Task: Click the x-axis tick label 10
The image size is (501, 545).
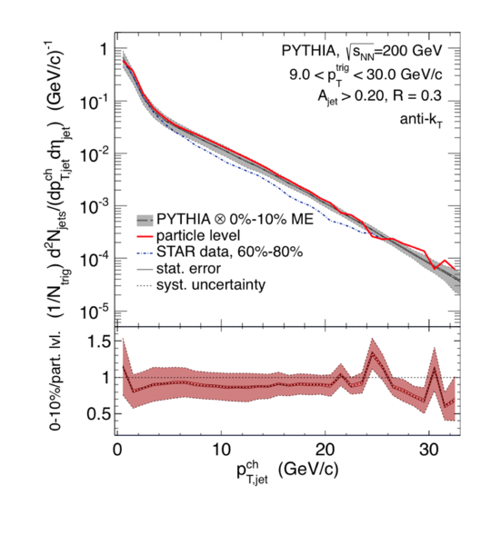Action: tap(221, 450)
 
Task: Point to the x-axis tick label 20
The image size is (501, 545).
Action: tap(325, 450)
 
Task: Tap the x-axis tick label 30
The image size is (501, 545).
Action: tap(428, 450)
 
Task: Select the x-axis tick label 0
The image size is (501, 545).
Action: tap(117, 450)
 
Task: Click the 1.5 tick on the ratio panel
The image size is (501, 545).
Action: tap(99, 342)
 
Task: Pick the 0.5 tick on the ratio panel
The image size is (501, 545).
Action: tap(99, 413)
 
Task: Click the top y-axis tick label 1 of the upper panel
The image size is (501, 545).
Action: tap(105, 49)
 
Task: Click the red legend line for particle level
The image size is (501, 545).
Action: tap(145, 236)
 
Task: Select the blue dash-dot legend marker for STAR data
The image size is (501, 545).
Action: tap(145, 253)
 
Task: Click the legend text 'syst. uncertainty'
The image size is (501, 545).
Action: tap(211, 285)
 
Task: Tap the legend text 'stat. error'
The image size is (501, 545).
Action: tap(188, 269)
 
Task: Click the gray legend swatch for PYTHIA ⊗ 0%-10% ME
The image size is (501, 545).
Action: tap(145, 220)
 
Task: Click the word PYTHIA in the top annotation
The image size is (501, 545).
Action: tap(308, 51)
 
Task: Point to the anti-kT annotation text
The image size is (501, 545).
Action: tap(421, 120)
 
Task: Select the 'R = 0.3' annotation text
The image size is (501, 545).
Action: tap(417, 95)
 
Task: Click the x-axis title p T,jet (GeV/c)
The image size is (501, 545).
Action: tap(287, 471)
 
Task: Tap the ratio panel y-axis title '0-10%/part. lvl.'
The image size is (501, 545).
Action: tap(55, 381)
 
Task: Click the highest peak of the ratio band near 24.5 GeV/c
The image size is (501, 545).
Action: tap(372, 338)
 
